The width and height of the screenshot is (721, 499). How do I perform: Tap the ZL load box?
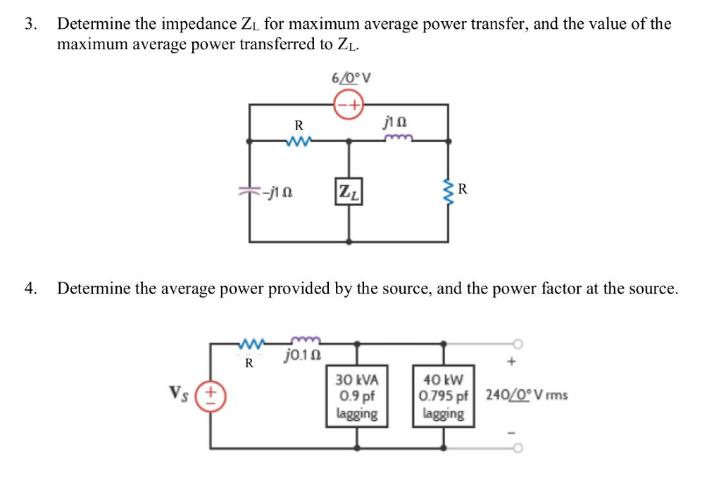click(x=349, y=190)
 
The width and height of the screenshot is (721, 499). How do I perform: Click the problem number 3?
click(x=29, y=25)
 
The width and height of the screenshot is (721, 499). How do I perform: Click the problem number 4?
click(x=29, y=288)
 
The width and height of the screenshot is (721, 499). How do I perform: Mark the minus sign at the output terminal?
click(x=512, y=431)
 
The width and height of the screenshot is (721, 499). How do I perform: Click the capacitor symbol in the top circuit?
click(x=248, y=190)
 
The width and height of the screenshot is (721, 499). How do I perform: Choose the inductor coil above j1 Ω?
click(x=399, y=139)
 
